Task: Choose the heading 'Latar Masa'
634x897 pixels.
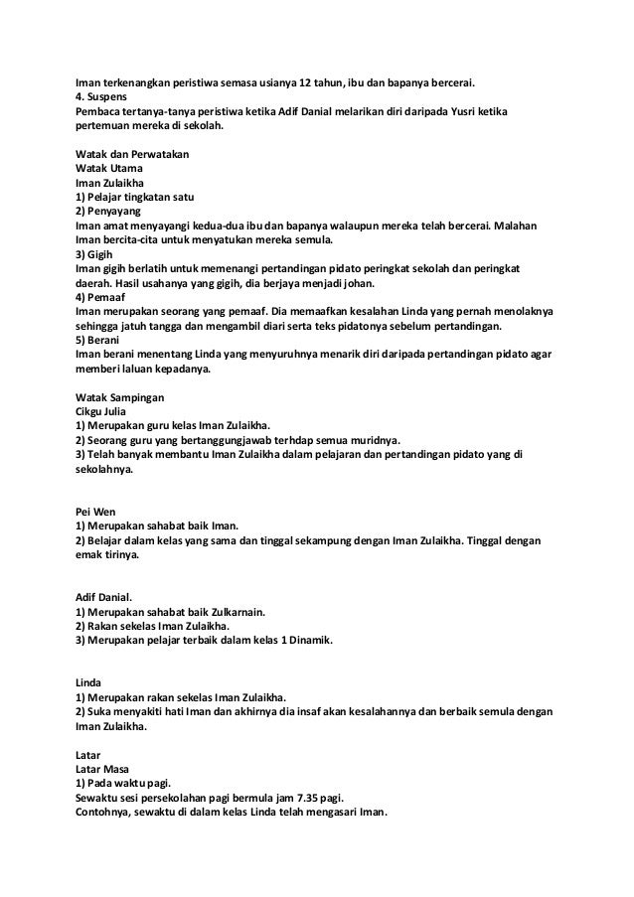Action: (105, 768)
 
